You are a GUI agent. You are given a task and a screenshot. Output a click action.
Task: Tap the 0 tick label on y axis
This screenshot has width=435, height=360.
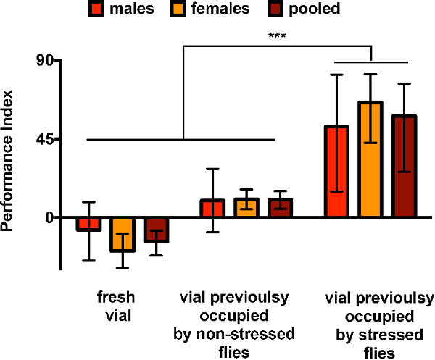[51, 217]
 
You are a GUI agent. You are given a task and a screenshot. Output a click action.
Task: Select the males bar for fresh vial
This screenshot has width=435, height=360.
[89, 224]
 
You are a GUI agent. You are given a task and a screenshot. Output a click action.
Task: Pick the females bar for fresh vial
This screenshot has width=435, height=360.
[122, 234]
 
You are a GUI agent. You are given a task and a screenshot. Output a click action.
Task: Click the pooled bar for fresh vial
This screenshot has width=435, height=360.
[155, 230]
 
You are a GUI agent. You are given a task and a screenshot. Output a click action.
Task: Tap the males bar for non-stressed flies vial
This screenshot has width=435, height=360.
[212, 209]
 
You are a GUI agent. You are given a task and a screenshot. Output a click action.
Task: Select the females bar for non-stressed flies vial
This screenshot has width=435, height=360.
[246, 208]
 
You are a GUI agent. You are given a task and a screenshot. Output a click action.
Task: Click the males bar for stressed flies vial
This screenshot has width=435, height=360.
[337, 172]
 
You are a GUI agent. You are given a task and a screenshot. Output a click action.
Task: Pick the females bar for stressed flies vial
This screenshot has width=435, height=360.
[370, 159]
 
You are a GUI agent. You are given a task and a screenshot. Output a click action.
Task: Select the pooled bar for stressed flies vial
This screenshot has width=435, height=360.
[404, 167]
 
